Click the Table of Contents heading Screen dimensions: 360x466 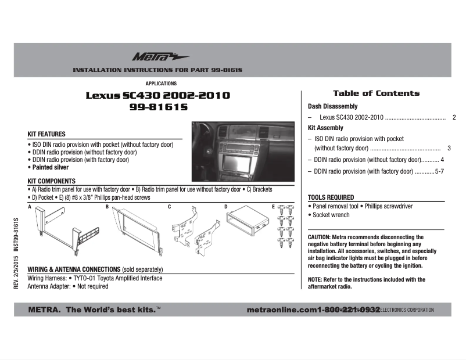coord(376,93)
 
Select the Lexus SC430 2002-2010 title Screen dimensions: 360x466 coord(158,95)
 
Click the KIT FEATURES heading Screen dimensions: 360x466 coord(48,134)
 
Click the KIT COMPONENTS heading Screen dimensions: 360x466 coord(52,181)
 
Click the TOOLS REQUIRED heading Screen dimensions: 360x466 coord(331,197)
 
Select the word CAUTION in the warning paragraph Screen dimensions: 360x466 coord(318,237)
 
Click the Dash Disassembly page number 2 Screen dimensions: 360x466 coord(454,117)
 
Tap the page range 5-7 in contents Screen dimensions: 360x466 coord(439,172)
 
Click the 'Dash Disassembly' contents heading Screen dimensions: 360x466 coord(332,107)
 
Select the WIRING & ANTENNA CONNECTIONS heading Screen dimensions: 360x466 coord(73,269)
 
